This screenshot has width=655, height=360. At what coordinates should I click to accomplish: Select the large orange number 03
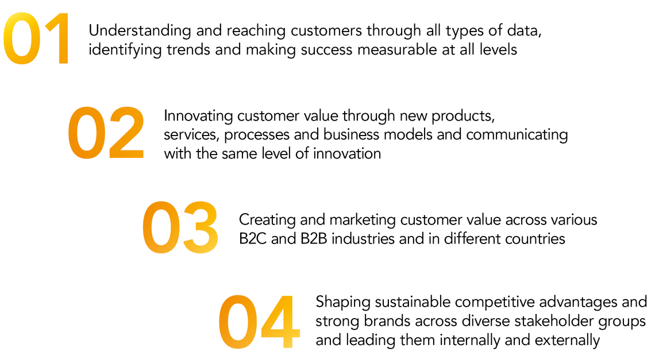click(180, 227)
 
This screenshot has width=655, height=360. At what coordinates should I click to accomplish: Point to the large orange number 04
click(259, 322)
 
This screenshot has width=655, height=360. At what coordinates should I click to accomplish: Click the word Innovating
click(198, 116)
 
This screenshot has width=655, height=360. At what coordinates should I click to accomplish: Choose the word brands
click(377, 322)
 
